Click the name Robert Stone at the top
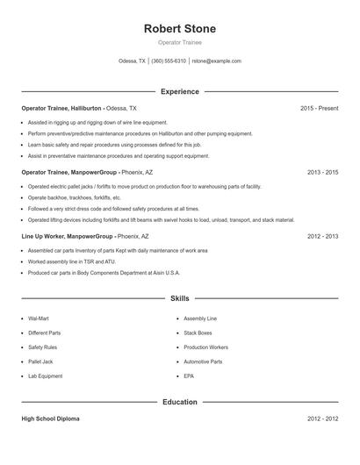coord(179,28)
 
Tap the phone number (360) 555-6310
coord(169,61)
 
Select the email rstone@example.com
coord(216,61)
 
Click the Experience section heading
coord(179,91)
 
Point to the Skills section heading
coord(179,299)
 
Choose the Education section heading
coord(179,402)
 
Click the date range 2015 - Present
coord(319,108)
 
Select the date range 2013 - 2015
coord(322,173)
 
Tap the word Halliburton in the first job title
coord(83,108)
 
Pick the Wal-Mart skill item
coord(39,319)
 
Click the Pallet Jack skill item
coord(40,361)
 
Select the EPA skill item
coord(189,376)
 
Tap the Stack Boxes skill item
coord(198,333)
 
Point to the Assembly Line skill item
coord(200,319)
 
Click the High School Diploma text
coord(50,418)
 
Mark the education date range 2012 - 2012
coord(322,418)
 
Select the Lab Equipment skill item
coord(45,376)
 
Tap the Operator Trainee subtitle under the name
coord(179,42)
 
